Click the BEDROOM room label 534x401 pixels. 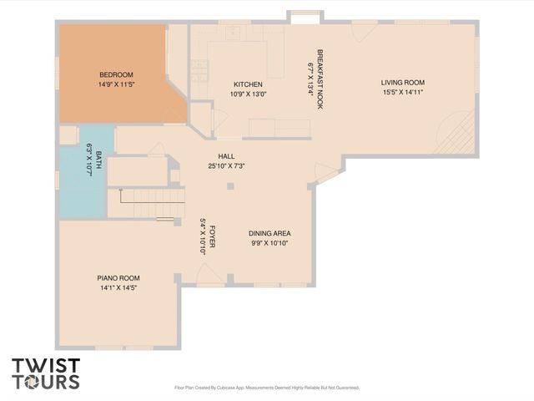pyautogui.click(x=116, y=74)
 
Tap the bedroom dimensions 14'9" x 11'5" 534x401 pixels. pyautogui.click(x=116, y=84)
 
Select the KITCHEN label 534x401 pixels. pyautogui.click(x=248, y=84)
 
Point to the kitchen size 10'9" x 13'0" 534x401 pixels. pyautogui.click(x=248, y=94)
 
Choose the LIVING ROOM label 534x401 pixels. pyautogui.click(x=403, y=82)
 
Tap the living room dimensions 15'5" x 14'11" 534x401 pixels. pyautogui.click(x=403, y=93)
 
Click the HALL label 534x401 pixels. pyautogui.click(x=226, y=155)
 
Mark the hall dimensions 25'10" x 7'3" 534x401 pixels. pyautogui.click(x=226, y=165)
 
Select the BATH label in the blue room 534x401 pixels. pyautogui.click(x=98, y=156)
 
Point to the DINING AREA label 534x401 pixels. pyautogui.click(x=270, y=233)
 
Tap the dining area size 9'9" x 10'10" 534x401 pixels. pyautogui.click(x=270, y=244)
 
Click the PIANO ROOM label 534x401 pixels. pyautogui.click(x=118, y=277)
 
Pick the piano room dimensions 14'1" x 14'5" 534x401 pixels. pyautogui.click(x=118, y=288)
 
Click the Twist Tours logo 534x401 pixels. pyautogui.click(x=46, y=373)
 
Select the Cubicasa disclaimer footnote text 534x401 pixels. pyautogui.click(x=266, y=388)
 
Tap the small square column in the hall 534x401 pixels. pyautogui.click(x=230, y=185)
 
